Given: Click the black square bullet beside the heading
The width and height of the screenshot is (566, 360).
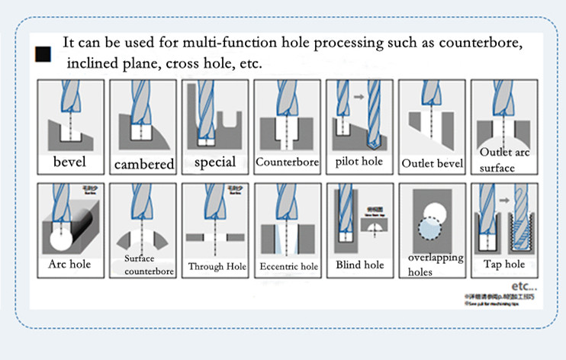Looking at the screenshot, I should tap(43, 54).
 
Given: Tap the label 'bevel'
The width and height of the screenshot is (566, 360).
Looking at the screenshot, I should tap(69, 162).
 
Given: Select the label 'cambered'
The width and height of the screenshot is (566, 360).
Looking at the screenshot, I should tap(144, 164).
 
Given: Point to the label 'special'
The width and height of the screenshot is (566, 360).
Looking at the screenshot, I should tap(215, 162).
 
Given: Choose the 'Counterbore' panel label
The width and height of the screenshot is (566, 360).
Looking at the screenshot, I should tap(286, 162).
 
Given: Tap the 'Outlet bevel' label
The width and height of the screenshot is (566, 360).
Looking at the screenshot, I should tap(431, 163).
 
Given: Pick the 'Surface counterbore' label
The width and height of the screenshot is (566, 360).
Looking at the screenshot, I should tap(144, 264).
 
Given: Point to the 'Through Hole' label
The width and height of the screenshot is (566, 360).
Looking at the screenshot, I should tap(217, 266).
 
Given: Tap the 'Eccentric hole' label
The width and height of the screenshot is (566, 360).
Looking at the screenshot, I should tap(288, 266).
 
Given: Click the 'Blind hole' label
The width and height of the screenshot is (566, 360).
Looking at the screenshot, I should tap(359, 265).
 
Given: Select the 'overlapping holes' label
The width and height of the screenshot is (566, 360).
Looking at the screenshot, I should tap(435, 264).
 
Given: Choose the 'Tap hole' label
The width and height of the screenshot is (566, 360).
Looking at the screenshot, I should tap(504, 264).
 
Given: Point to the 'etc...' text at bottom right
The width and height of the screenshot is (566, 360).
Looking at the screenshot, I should tap(524, 288).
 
